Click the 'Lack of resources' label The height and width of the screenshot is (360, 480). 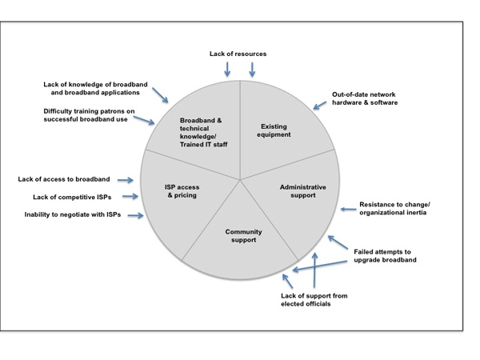(238, 54)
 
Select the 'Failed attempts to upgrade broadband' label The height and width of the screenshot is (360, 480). (385, 256)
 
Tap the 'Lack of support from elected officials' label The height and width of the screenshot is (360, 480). (314, 300)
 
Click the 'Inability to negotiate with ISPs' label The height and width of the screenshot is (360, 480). (74, 215)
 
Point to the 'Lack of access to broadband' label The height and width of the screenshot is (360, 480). (76, 179)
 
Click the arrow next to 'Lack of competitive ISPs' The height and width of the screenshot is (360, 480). (133, 197)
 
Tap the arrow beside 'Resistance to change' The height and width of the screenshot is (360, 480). (347, 210)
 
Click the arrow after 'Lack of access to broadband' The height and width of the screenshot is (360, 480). (146, 179)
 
